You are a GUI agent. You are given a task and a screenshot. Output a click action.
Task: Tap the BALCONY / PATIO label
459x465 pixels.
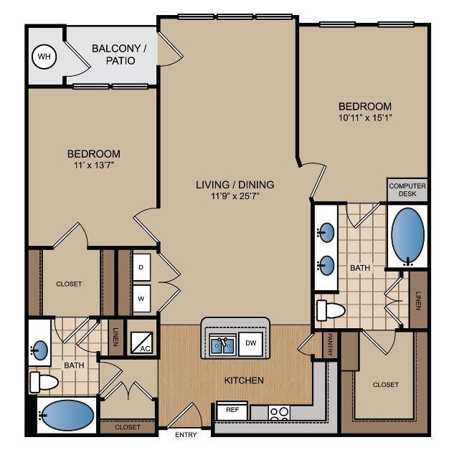119,55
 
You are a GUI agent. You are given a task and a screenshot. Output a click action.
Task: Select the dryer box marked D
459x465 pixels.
142,266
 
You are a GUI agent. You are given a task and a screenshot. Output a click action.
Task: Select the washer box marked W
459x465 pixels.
142,297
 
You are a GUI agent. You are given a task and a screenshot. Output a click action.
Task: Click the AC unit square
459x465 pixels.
141,342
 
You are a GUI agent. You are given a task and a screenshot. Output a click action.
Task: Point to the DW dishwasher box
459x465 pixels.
251,342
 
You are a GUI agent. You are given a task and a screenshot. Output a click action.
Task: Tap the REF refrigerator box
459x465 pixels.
232,411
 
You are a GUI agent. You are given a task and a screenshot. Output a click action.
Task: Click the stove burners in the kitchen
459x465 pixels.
279,412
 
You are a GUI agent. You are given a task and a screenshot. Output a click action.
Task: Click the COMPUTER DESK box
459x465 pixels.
407,190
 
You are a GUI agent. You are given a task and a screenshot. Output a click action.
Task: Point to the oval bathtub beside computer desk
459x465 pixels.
407,236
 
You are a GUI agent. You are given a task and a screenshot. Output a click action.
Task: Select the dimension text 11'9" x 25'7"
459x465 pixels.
235,197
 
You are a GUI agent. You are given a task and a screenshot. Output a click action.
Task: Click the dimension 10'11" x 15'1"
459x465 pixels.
365,118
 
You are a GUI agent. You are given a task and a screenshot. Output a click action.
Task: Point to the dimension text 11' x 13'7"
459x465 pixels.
93,166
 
